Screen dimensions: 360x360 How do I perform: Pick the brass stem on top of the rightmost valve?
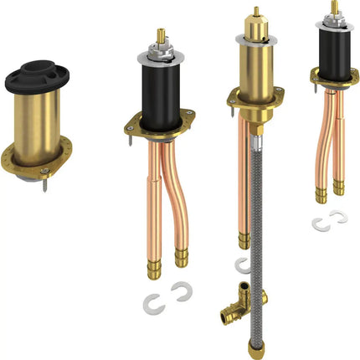click(x=335, y=8)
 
